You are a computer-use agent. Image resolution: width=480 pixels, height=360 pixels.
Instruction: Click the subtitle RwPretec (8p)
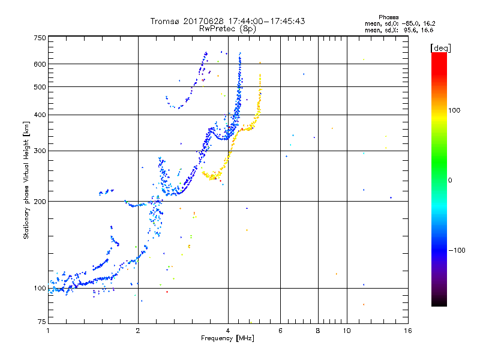227,28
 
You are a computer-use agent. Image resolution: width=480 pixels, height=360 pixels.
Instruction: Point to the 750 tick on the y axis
40,38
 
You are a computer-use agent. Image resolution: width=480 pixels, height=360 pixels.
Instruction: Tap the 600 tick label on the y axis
40,64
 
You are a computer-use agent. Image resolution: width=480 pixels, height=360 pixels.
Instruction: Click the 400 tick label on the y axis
40,115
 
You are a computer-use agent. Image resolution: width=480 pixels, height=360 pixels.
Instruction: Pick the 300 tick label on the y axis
40,151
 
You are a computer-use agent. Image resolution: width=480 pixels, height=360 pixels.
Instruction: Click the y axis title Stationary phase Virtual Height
26,180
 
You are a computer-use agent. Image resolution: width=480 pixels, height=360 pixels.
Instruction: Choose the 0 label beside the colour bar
451,180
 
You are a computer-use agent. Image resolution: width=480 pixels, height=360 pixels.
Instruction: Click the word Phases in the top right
389,17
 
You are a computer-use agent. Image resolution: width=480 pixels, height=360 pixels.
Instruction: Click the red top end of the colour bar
439,55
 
